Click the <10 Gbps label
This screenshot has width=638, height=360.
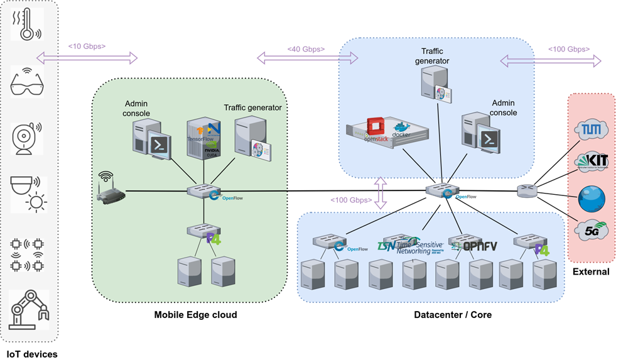[87, 46]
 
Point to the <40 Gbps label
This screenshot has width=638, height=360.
[306, 48]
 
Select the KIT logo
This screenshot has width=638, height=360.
[592, 161]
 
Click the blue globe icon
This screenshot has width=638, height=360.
[592, 199]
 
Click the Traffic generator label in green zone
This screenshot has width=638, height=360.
[252, 107]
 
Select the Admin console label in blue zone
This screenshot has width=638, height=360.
[504, 107]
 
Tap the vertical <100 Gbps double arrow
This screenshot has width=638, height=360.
[379, 192]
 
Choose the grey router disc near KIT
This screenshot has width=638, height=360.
[527, 190]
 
